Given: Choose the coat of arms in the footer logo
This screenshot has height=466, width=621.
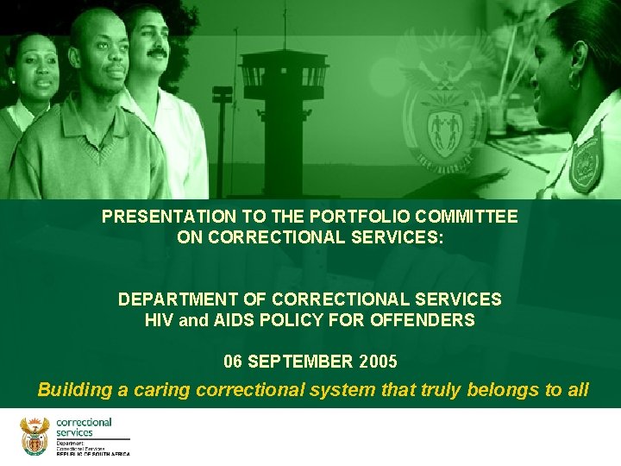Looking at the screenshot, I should point(35,436).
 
